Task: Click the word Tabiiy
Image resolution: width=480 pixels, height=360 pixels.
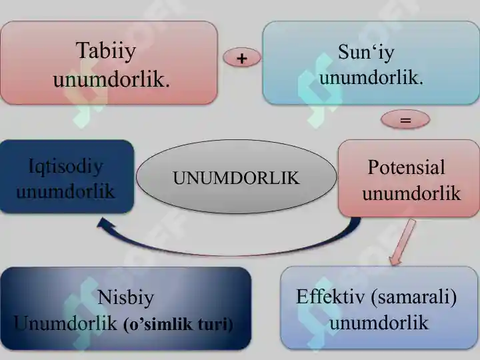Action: pos(106,51)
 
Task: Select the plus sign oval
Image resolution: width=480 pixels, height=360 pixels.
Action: pos(242,57)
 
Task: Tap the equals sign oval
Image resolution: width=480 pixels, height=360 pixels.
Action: pos(405,119)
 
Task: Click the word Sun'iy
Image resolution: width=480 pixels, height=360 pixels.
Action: pos(366,53)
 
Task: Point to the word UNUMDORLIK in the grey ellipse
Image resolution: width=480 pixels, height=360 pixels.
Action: pos(236,178)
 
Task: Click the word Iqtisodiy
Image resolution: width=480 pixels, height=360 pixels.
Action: pos(65,167)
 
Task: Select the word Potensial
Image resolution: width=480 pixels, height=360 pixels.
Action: pos(406,167)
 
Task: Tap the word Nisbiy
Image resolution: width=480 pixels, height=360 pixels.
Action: pos(125,297)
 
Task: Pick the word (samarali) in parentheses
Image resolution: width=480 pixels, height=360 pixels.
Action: pos(413,297)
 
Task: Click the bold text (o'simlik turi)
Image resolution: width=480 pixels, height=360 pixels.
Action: pos(178,325)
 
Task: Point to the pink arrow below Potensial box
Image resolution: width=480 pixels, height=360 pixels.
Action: pos(402,242)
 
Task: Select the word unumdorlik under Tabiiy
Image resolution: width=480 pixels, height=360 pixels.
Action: pos(111,79)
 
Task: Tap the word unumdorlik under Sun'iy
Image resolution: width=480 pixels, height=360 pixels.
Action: pos(371,78)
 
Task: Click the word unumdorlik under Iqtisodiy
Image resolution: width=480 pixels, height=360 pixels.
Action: pos(65,191)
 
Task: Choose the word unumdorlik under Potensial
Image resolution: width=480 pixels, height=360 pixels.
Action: pos(411,193)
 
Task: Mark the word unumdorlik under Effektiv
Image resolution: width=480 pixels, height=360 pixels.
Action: pos(379,323)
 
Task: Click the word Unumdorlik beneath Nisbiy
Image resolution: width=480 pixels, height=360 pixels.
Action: pos(65,323)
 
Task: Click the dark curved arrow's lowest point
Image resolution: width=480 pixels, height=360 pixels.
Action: pos(233,255)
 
